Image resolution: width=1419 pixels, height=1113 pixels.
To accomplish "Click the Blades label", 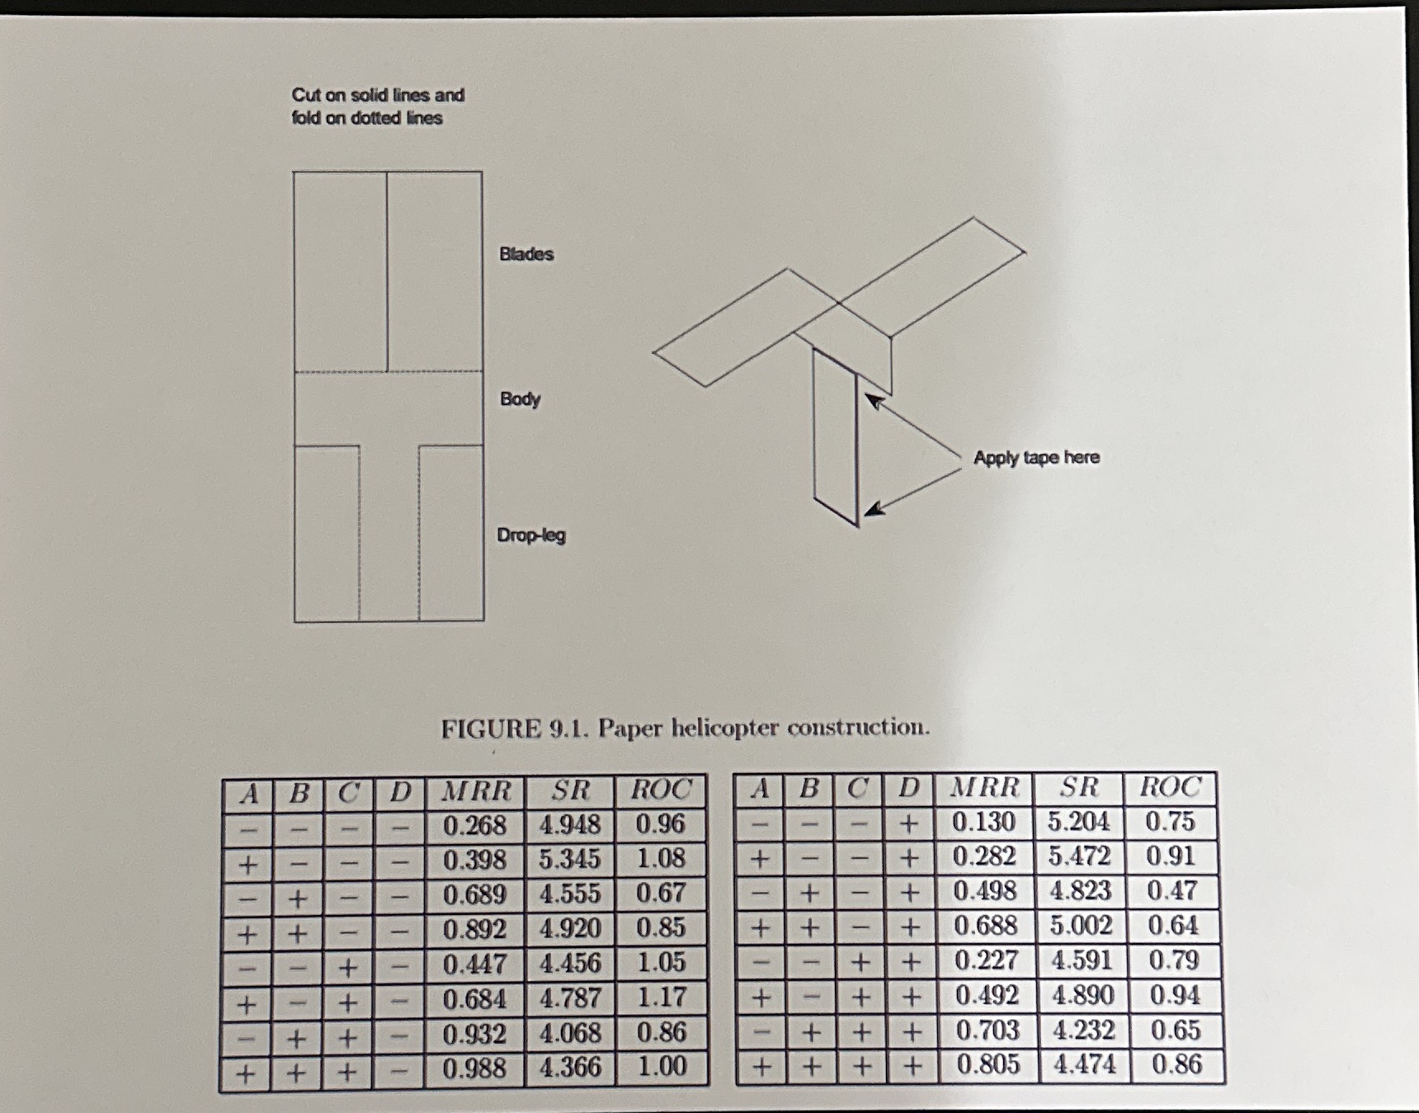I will [x=526, y=254].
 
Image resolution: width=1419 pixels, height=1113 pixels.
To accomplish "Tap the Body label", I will [x=520, y=399].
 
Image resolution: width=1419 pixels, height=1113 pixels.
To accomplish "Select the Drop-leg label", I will [x=530, y=535].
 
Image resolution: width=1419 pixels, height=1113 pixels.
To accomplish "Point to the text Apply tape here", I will [x=1036, y=457].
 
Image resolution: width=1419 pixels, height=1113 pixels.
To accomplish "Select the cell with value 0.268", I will [x=474, y=825].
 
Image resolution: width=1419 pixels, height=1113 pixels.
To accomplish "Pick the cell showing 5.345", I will [x=570, y=859].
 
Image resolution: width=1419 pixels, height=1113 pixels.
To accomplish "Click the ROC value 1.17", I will [x=661, y=997].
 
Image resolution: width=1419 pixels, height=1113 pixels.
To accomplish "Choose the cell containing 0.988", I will [x=474, y=1068].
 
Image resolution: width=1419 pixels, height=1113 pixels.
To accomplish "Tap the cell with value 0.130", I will [x=983, y=822].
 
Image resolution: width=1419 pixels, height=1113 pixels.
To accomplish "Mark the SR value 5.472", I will [x=1079, y=856].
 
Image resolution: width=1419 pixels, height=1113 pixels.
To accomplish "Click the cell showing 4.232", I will [x=1083, y=1030].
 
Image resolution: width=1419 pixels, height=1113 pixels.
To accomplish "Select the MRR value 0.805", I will [x=988, y=1064].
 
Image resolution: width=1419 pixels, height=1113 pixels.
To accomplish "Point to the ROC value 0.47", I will [x=1171, y=891].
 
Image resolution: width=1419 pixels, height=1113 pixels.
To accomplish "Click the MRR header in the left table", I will [x=476, y=791].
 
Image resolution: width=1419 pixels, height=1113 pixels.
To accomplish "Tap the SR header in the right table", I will [x=1078, y=788].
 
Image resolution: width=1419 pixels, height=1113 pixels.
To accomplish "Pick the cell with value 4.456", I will [x=570, y=963].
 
